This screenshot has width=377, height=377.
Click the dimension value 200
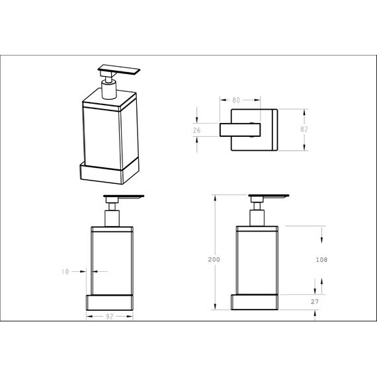[x=214, y=259]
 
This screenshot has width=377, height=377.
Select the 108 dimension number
[x=321, y=260]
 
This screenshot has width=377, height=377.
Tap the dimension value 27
[x=314, y=302]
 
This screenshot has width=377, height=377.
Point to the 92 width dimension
[x=109, y=317]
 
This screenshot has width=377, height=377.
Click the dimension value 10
[x=65, y=272]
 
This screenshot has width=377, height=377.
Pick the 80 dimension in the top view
[x=236, y=100]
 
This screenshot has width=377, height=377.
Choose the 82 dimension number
[x=304, y=130]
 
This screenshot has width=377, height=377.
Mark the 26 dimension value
[x=196, y=130]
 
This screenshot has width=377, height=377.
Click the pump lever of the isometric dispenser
[x=119, y=69]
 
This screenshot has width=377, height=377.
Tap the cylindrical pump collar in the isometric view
[x=109, y=89]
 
